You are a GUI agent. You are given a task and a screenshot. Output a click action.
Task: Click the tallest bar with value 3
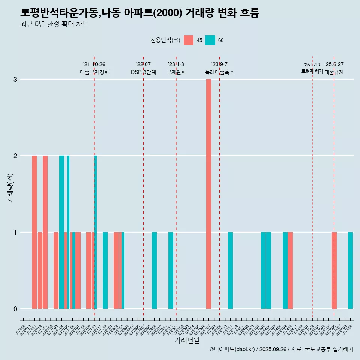[208, 193]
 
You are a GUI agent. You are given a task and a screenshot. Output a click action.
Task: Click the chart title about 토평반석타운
[139, 13]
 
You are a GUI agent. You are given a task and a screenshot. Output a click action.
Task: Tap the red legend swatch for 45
[189, 40]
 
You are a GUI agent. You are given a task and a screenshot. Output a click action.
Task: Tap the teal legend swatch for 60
[210, 40]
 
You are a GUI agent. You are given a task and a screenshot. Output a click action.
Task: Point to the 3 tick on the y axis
[15, 79]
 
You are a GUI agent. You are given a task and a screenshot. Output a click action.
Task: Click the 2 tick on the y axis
[15, 156]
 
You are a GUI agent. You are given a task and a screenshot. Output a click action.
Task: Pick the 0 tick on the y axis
[15, 309]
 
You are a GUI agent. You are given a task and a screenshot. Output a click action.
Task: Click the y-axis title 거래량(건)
[10, 188]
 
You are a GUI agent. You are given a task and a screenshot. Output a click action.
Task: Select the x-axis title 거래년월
[187, 340]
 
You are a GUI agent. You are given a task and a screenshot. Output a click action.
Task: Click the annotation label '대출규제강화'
[94, 72]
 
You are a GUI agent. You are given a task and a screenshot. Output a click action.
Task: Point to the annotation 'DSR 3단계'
[143, 72]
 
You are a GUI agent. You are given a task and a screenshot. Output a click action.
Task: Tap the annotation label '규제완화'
[176, 72]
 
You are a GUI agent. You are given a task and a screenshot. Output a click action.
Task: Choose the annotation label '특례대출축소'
[219, 72]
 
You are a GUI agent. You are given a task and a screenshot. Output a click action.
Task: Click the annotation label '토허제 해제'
[312, 71]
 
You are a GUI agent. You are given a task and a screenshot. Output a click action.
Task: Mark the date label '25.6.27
[334, 64]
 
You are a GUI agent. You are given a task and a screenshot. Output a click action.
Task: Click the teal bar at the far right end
[350, 270]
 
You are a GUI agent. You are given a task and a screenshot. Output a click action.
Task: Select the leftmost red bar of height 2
[34, 232]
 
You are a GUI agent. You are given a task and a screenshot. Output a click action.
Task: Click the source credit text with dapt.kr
[281, 349]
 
